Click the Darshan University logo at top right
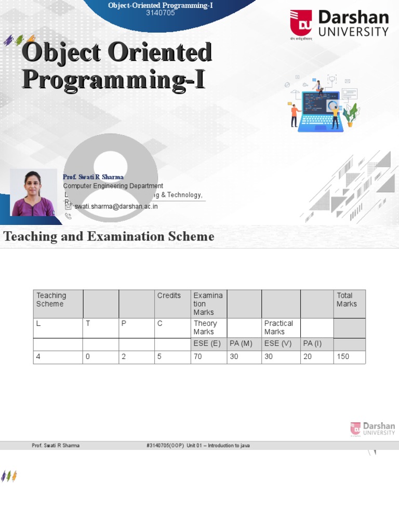(339, 24)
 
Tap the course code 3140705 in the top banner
(160, 13)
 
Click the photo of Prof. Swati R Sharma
(33, 192)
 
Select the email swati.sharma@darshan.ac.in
(116, 206)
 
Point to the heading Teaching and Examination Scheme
(109, 237)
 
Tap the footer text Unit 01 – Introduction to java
(219, 446)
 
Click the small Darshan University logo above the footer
(373, 429)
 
